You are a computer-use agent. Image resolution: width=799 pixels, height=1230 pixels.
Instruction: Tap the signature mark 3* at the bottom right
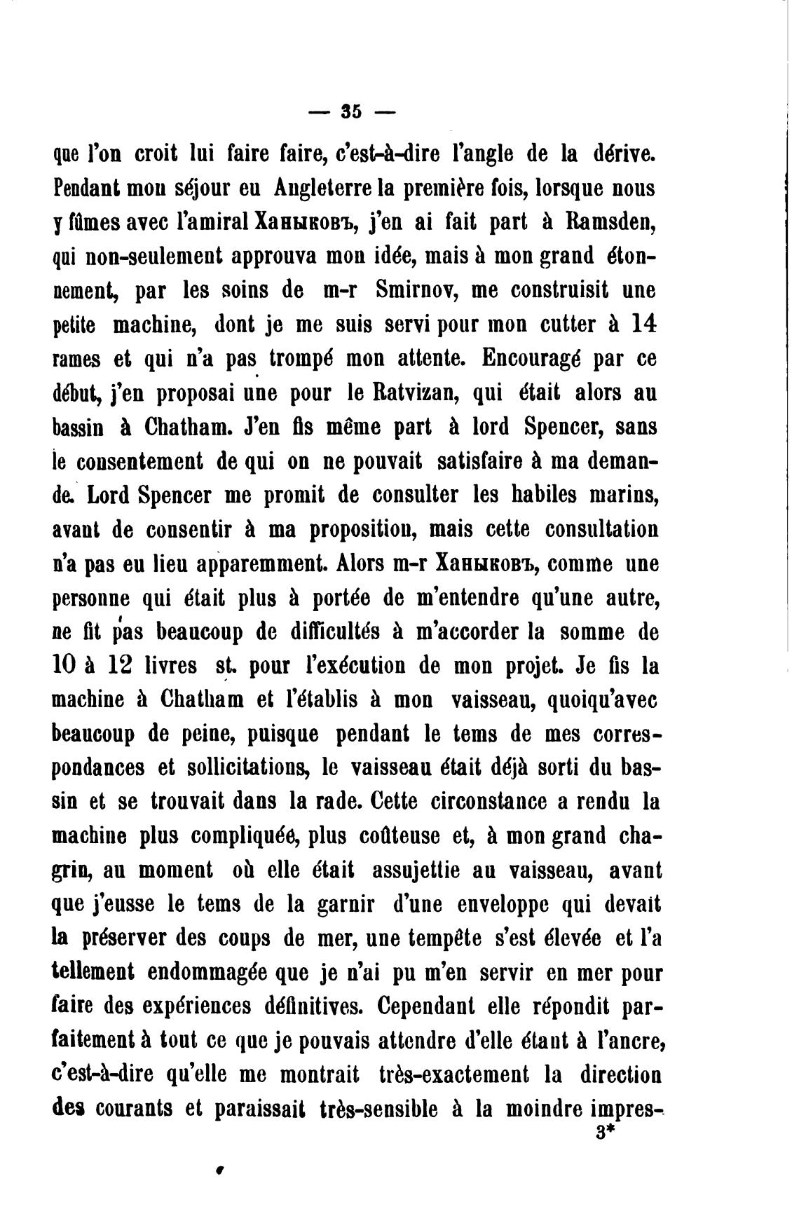coord(604,1133)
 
